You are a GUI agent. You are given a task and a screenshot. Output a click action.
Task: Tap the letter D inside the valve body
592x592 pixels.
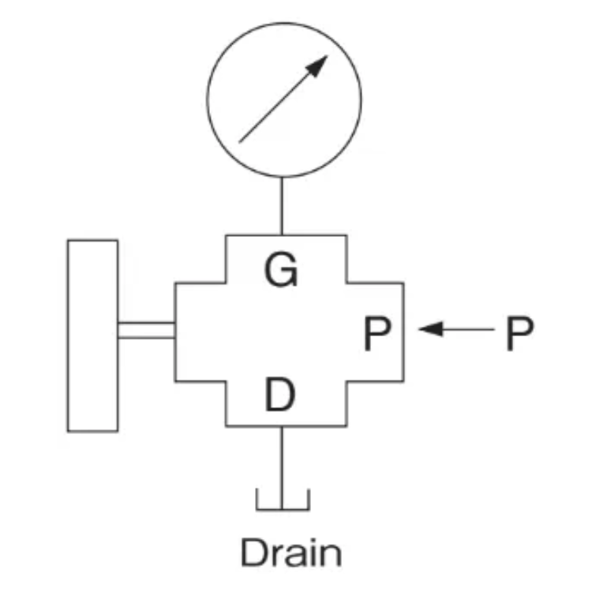point(281,396)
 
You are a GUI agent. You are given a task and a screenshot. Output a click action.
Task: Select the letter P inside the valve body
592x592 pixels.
point(378,335)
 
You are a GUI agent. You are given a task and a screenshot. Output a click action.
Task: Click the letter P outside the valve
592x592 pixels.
point(519,335)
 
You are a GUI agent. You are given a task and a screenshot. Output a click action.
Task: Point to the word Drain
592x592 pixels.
point(291,553)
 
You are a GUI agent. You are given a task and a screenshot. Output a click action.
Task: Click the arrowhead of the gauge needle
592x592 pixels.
point(317,66)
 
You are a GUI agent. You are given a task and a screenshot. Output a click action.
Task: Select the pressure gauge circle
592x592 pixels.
point(283,96)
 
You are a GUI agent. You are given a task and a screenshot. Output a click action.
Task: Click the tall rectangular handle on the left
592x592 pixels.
point(92,335)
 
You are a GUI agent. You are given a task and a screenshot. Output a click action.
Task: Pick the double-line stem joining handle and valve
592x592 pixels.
point(146,330)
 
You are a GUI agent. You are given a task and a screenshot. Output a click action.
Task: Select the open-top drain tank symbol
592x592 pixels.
point(282,500)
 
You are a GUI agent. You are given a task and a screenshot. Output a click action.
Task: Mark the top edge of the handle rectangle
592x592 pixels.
point(92,241)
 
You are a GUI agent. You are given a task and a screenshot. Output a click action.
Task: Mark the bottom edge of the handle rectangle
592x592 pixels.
point(92,431)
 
